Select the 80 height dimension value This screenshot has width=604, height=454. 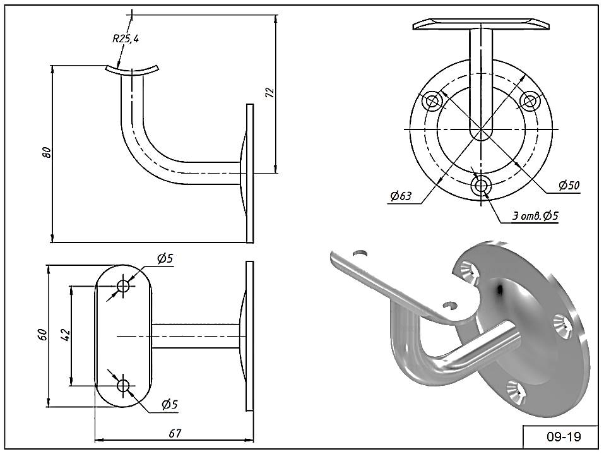(47, 152)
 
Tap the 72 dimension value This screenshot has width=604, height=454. (270, 92)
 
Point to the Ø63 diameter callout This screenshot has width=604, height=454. (401, 196)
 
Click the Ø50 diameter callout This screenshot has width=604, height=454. (569, 186)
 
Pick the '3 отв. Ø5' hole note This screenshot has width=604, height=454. (535, 216)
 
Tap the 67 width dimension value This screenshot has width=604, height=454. (174, 433)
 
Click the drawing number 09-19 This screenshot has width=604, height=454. (563, 437)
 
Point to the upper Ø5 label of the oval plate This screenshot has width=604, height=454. (165, 259)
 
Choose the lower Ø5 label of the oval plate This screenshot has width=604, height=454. (170, 404)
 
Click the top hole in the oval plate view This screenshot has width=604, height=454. (123, 286)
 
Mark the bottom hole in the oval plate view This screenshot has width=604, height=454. (124, 385)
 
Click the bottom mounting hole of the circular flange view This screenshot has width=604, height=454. (481, 186)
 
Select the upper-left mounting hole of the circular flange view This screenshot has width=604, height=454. (432, 102)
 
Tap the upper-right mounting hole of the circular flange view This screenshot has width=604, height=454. (530, 102)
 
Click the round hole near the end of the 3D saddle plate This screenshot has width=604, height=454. (360, 253)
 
